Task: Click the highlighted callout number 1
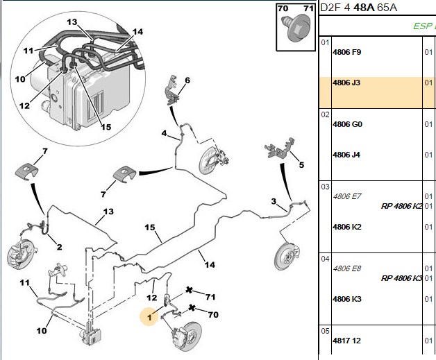(x=150, y=317)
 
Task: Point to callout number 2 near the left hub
(x=59, y=247)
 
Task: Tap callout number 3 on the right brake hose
(x=274, y=201)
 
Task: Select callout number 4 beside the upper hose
(x=165, y=133)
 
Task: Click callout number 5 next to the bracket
(x=301, y=164)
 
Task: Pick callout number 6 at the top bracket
(x=187, y=80)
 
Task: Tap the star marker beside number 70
(x=192, y=308)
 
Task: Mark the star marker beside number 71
(x=189, y=290)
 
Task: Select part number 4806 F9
(x=346, y=52)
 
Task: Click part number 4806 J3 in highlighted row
(x=346, y=83)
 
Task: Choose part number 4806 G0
(x=348, y=124)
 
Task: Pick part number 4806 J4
(x=346, y=155)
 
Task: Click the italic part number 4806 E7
(x=347, y=196)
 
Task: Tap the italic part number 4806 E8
(x=347, y=268)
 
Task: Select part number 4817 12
(x=346, y=341)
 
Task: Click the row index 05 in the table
(x=325, y=331)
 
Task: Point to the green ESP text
(x=424, y=26)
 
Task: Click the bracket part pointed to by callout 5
(x=280, y=148)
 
